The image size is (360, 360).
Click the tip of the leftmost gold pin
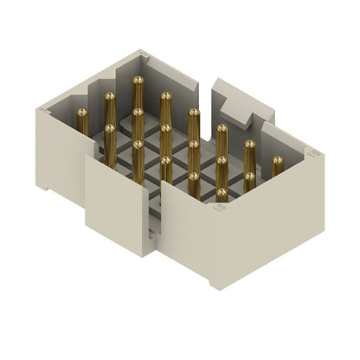click(82, 112)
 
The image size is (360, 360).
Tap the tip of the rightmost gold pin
click(278, 160)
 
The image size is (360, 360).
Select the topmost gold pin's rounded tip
click(138, 80)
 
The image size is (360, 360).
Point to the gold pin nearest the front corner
click(222, 192)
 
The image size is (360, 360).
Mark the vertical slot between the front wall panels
click(155, 216)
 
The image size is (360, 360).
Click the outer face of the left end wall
click(61, 156)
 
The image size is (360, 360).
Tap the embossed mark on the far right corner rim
click(313, 153)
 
